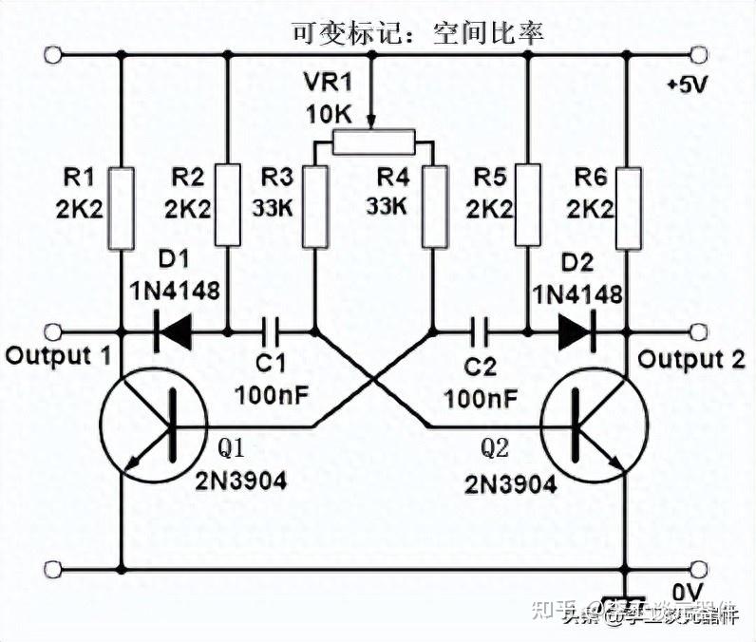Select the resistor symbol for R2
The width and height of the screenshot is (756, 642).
[x=229, y=205]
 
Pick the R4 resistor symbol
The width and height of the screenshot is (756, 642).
[x=435, y=206]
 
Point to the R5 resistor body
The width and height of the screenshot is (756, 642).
[x=527, y=205]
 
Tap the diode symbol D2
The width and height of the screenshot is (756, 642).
[x=576, y=332]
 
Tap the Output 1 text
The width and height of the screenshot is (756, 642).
[x=57, y=356]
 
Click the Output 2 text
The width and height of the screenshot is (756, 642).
[x=690, y=360]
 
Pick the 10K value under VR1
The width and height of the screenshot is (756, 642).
[x=329, y=115]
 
